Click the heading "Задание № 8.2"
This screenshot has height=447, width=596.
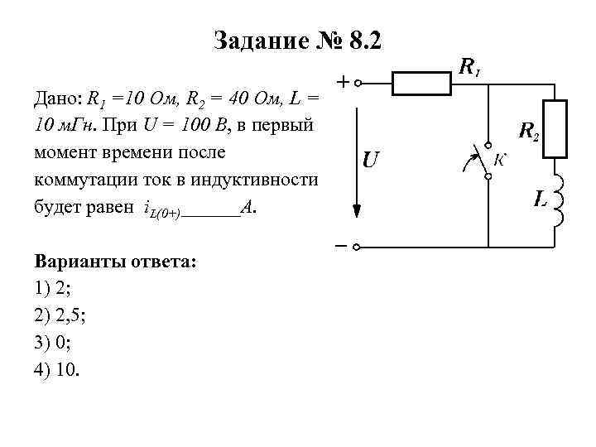click(297, 40)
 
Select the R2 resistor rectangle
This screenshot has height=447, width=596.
click(554, 129)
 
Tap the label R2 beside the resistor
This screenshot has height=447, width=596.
click(528, 131)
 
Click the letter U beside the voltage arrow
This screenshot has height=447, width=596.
click(370, 159)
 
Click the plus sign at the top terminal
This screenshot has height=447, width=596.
click(342, 82)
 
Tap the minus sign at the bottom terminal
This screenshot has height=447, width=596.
click(341, 246)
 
